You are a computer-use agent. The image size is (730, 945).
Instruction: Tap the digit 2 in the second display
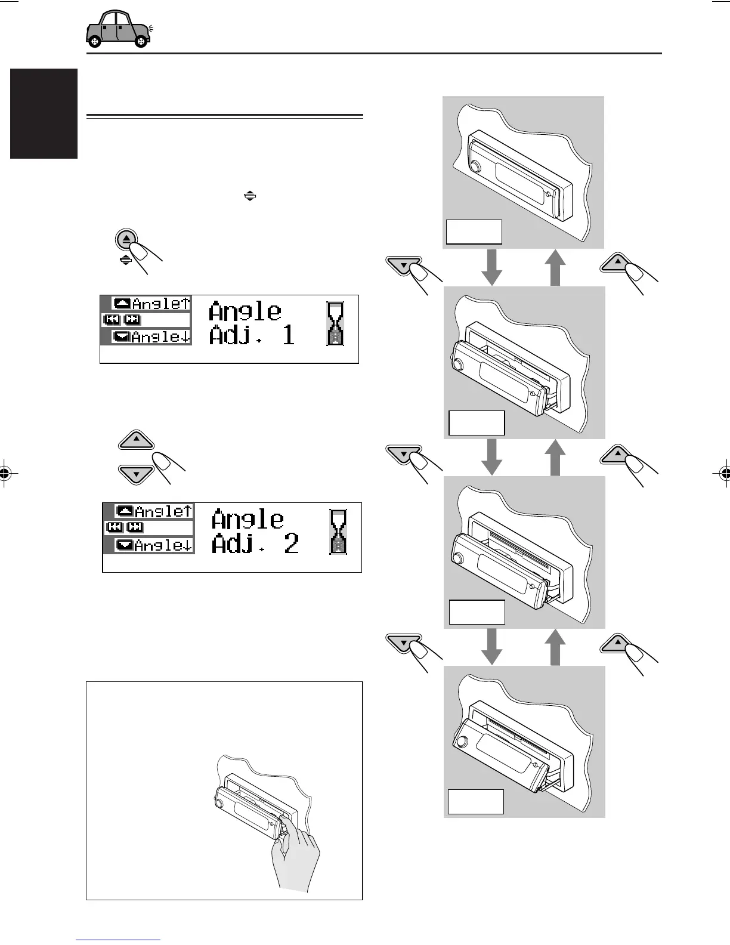pos(291,543)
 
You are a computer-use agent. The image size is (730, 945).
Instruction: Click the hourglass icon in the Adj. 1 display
pos(336,323)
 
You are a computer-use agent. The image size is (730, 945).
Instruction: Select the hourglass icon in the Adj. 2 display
pos(338,532)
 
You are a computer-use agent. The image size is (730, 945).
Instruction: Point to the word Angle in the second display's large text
pos(248,519)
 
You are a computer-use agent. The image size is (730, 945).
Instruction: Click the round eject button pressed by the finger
pos(126,239)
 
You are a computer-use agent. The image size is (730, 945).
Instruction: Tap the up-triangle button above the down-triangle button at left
pos(137,441)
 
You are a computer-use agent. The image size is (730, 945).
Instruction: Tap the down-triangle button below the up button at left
pos(137,474)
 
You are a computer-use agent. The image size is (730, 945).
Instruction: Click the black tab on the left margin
pos(44,113)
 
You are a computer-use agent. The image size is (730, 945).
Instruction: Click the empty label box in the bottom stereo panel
pos(476,802)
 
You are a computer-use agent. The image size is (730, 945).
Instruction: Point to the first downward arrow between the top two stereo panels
pos(492,267)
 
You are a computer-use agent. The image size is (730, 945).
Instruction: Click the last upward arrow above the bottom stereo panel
pos(555,647)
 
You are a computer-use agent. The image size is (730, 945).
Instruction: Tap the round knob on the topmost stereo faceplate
pos(475,166)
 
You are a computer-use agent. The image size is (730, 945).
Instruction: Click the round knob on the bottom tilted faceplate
pos(460,743)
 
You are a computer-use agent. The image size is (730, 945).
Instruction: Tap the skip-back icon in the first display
pos(112,320)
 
